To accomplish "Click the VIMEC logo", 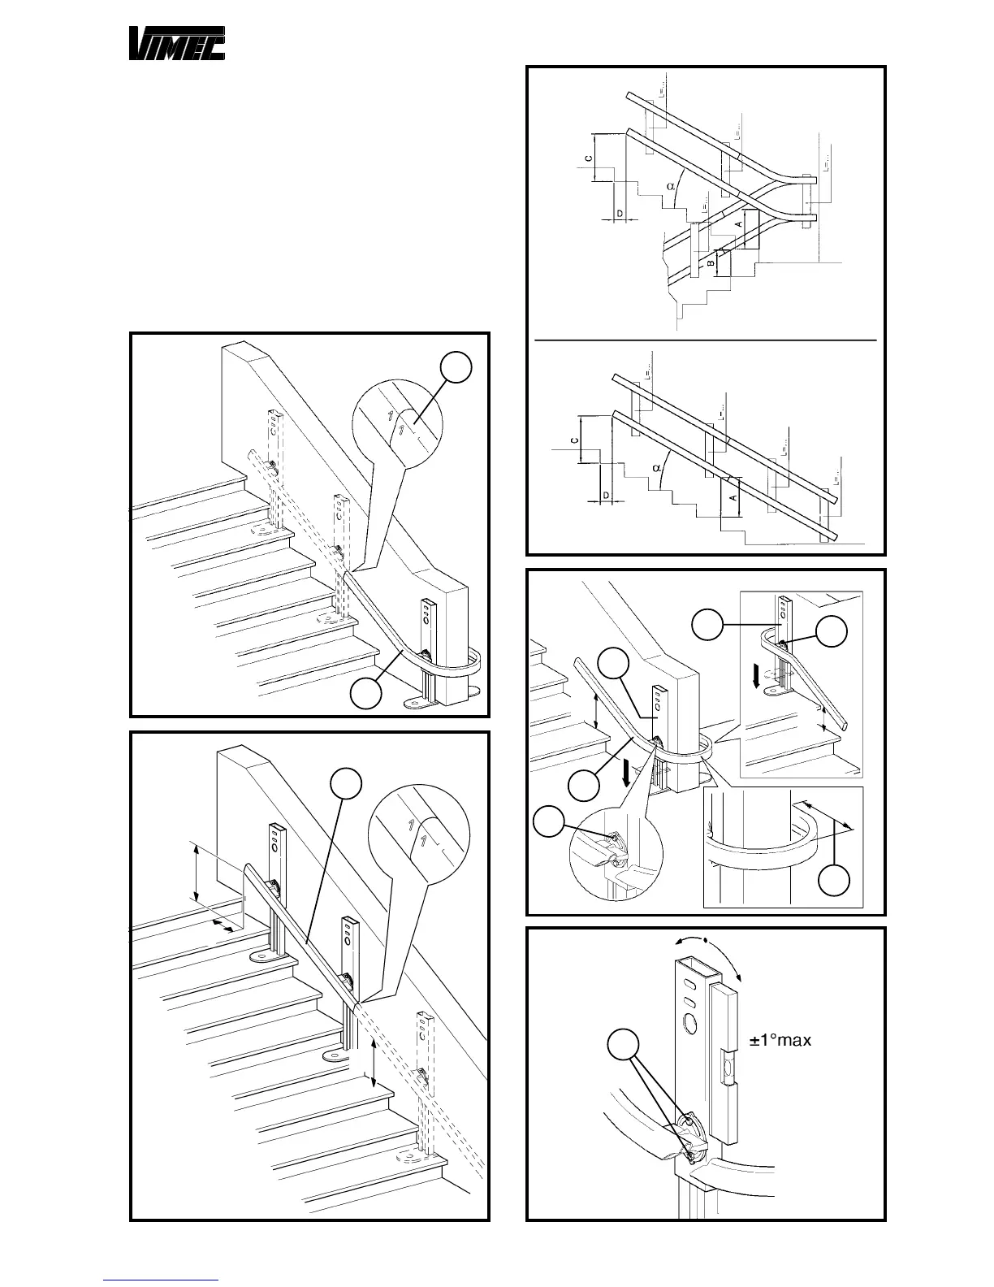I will [177, 44].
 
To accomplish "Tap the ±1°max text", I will [780, 1040].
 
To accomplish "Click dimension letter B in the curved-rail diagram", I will [711, 264].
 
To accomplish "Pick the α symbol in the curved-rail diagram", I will [671, 186].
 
